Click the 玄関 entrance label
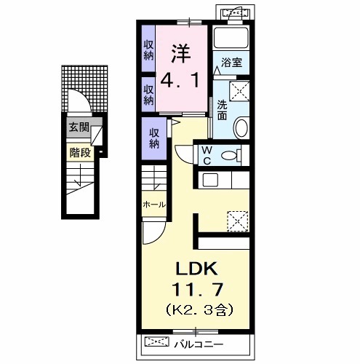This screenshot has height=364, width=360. point(79,127)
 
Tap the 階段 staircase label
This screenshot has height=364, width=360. point(80,153)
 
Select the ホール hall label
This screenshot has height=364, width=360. point(154,205)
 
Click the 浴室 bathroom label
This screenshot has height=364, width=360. point(231,63)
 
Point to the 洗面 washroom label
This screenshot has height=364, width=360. point(222,110)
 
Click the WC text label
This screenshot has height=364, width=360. point(207,156)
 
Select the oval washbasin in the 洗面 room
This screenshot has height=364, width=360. point(241,127)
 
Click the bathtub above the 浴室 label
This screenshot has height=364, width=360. point(231,38)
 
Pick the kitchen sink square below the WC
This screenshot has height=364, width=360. point(210,180)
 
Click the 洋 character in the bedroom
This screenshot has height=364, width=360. point(181,54)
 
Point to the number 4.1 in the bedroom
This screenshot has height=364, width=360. point(180,81)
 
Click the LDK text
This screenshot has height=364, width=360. point(196,269)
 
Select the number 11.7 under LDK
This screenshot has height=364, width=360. point(197,289)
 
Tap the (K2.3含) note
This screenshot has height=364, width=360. point(199,310)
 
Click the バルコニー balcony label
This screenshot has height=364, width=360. point(199,344)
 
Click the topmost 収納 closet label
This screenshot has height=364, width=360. point(148,50)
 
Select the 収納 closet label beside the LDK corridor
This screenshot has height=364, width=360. point(154,138)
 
